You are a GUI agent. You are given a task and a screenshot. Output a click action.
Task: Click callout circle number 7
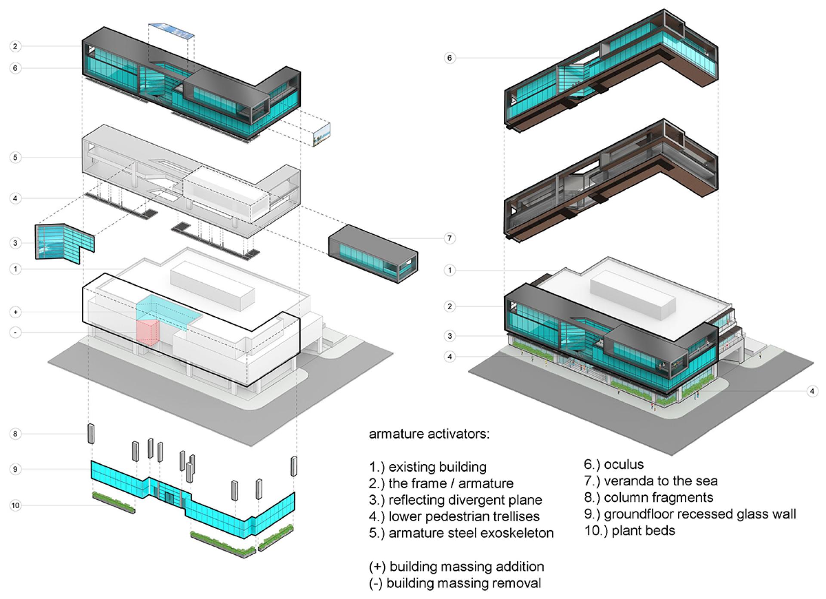pos(450,238)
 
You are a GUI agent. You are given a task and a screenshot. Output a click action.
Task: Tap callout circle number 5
pos(15,157)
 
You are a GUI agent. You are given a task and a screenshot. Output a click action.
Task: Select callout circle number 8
pos(15,434)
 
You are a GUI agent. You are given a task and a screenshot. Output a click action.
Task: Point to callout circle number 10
pos(15,505)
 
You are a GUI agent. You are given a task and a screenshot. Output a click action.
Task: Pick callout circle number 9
pos(15,469)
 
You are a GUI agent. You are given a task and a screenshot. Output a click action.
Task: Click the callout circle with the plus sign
pos(15,312)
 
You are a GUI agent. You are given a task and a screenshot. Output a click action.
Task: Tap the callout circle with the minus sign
pos(15,332)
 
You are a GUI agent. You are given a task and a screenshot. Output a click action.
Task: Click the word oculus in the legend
pos(624,465)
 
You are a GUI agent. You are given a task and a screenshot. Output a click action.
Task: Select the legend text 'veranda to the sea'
pos(661,481)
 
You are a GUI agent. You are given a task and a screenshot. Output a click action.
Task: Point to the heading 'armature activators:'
pos(429,434)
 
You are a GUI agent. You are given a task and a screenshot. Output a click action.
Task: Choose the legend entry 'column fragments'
pos(659,498)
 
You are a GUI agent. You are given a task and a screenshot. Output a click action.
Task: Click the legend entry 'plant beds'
pos(643,531)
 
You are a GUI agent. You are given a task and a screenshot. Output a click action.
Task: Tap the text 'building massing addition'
pos(467,567)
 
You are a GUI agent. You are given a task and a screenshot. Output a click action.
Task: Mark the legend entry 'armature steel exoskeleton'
pos(471,533)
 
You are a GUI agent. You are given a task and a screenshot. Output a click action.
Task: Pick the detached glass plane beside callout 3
pos(65,243)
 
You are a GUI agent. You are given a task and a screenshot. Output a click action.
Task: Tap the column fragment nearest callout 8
pos(91,433)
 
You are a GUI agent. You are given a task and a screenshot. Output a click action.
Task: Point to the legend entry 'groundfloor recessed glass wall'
pos(700,514)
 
